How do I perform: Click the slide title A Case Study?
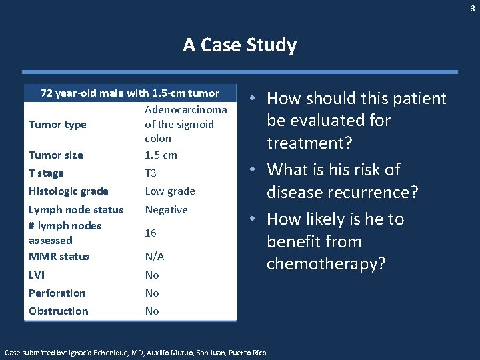click(239, 45)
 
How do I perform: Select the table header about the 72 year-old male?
click(130, 92)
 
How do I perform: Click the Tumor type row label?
click(57, 124)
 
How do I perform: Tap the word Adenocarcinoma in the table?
click(185, 109)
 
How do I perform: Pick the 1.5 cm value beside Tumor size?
click(161, 155)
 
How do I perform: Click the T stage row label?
click(46, 173)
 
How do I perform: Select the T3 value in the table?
click(151, 173)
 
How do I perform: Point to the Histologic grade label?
click(68, 191)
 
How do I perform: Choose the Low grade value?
click(170, 191)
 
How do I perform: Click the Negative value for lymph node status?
click(166, 209)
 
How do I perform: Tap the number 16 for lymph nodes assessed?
click(151, 233)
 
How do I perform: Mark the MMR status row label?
click(59, 256)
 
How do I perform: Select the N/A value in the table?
click(155, 256)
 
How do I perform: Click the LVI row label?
click(37, 275)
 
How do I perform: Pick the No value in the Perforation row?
click(152, 293)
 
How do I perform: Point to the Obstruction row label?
click(58, 311)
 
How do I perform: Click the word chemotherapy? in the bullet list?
click(326, 264)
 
